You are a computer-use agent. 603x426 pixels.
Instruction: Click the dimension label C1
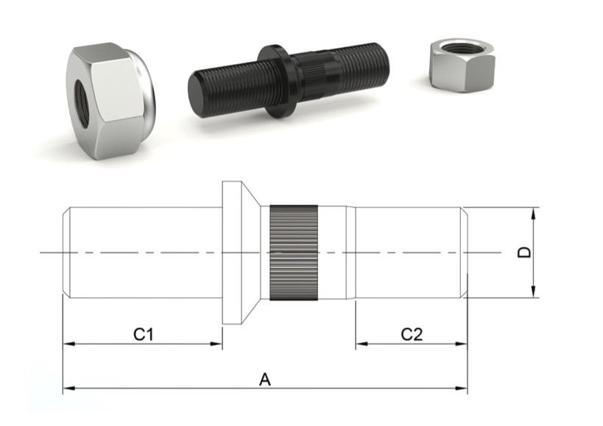(143, 334)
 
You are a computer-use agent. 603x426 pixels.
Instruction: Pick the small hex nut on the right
(462, 65)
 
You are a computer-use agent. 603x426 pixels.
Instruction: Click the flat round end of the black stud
(198, 95)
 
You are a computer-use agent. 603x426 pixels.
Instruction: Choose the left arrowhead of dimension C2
(359, 344)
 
